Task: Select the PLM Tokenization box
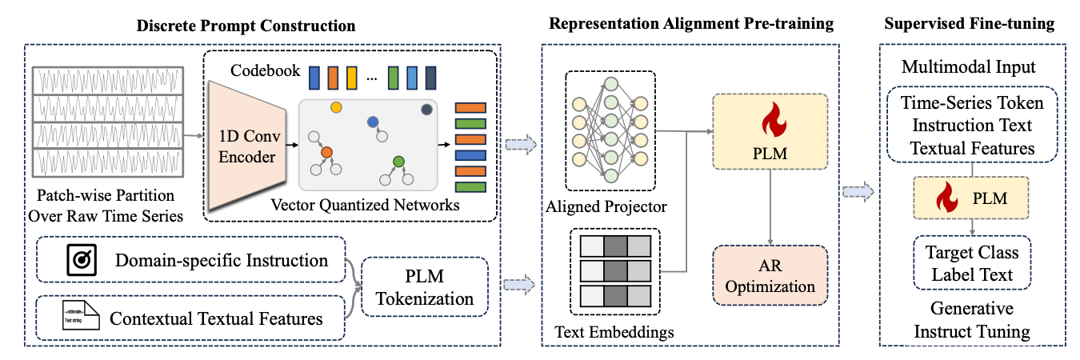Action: point(424,287)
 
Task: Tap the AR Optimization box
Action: point(770,275)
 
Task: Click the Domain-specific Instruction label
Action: point(221,261)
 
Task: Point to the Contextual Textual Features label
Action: point(216,318)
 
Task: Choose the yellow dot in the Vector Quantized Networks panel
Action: point(335,106)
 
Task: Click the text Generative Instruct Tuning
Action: point(971,319)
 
